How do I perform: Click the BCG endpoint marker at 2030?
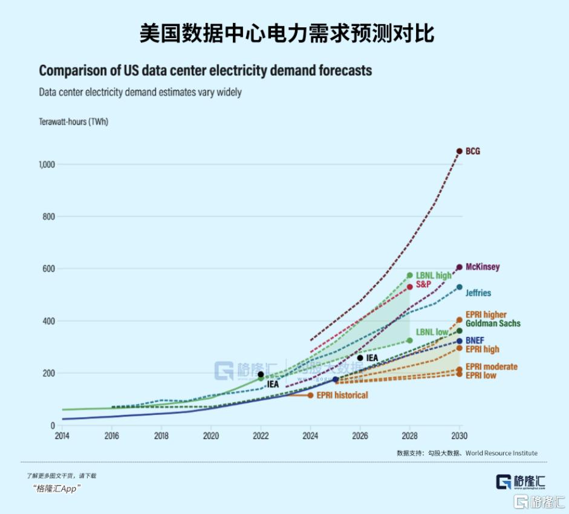point(460,151)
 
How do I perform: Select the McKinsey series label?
point(483,267)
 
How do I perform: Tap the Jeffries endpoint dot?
point(460,287)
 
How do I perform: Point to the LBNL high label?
point(434,276)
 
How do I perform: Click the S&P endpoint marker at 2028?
point(410,287)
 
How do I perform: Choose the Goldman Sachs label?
point(493,324)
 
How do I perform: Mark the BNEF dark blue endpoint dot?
point(460,341)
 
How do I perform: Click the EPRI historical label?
point(343,395)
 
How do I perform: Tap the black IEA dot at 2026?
point(360,358)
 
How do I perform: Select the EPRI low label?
point(481,376)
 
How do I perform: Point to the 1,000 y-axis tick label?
point(47,164)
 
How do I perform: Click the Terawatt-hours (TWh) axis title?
point(73,122)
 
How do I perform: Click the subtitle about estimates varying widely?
point(140,93)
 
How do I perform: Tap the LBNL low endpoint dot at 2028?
point(410,340)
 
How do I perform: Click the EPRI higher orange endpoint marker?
point(460,320)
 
